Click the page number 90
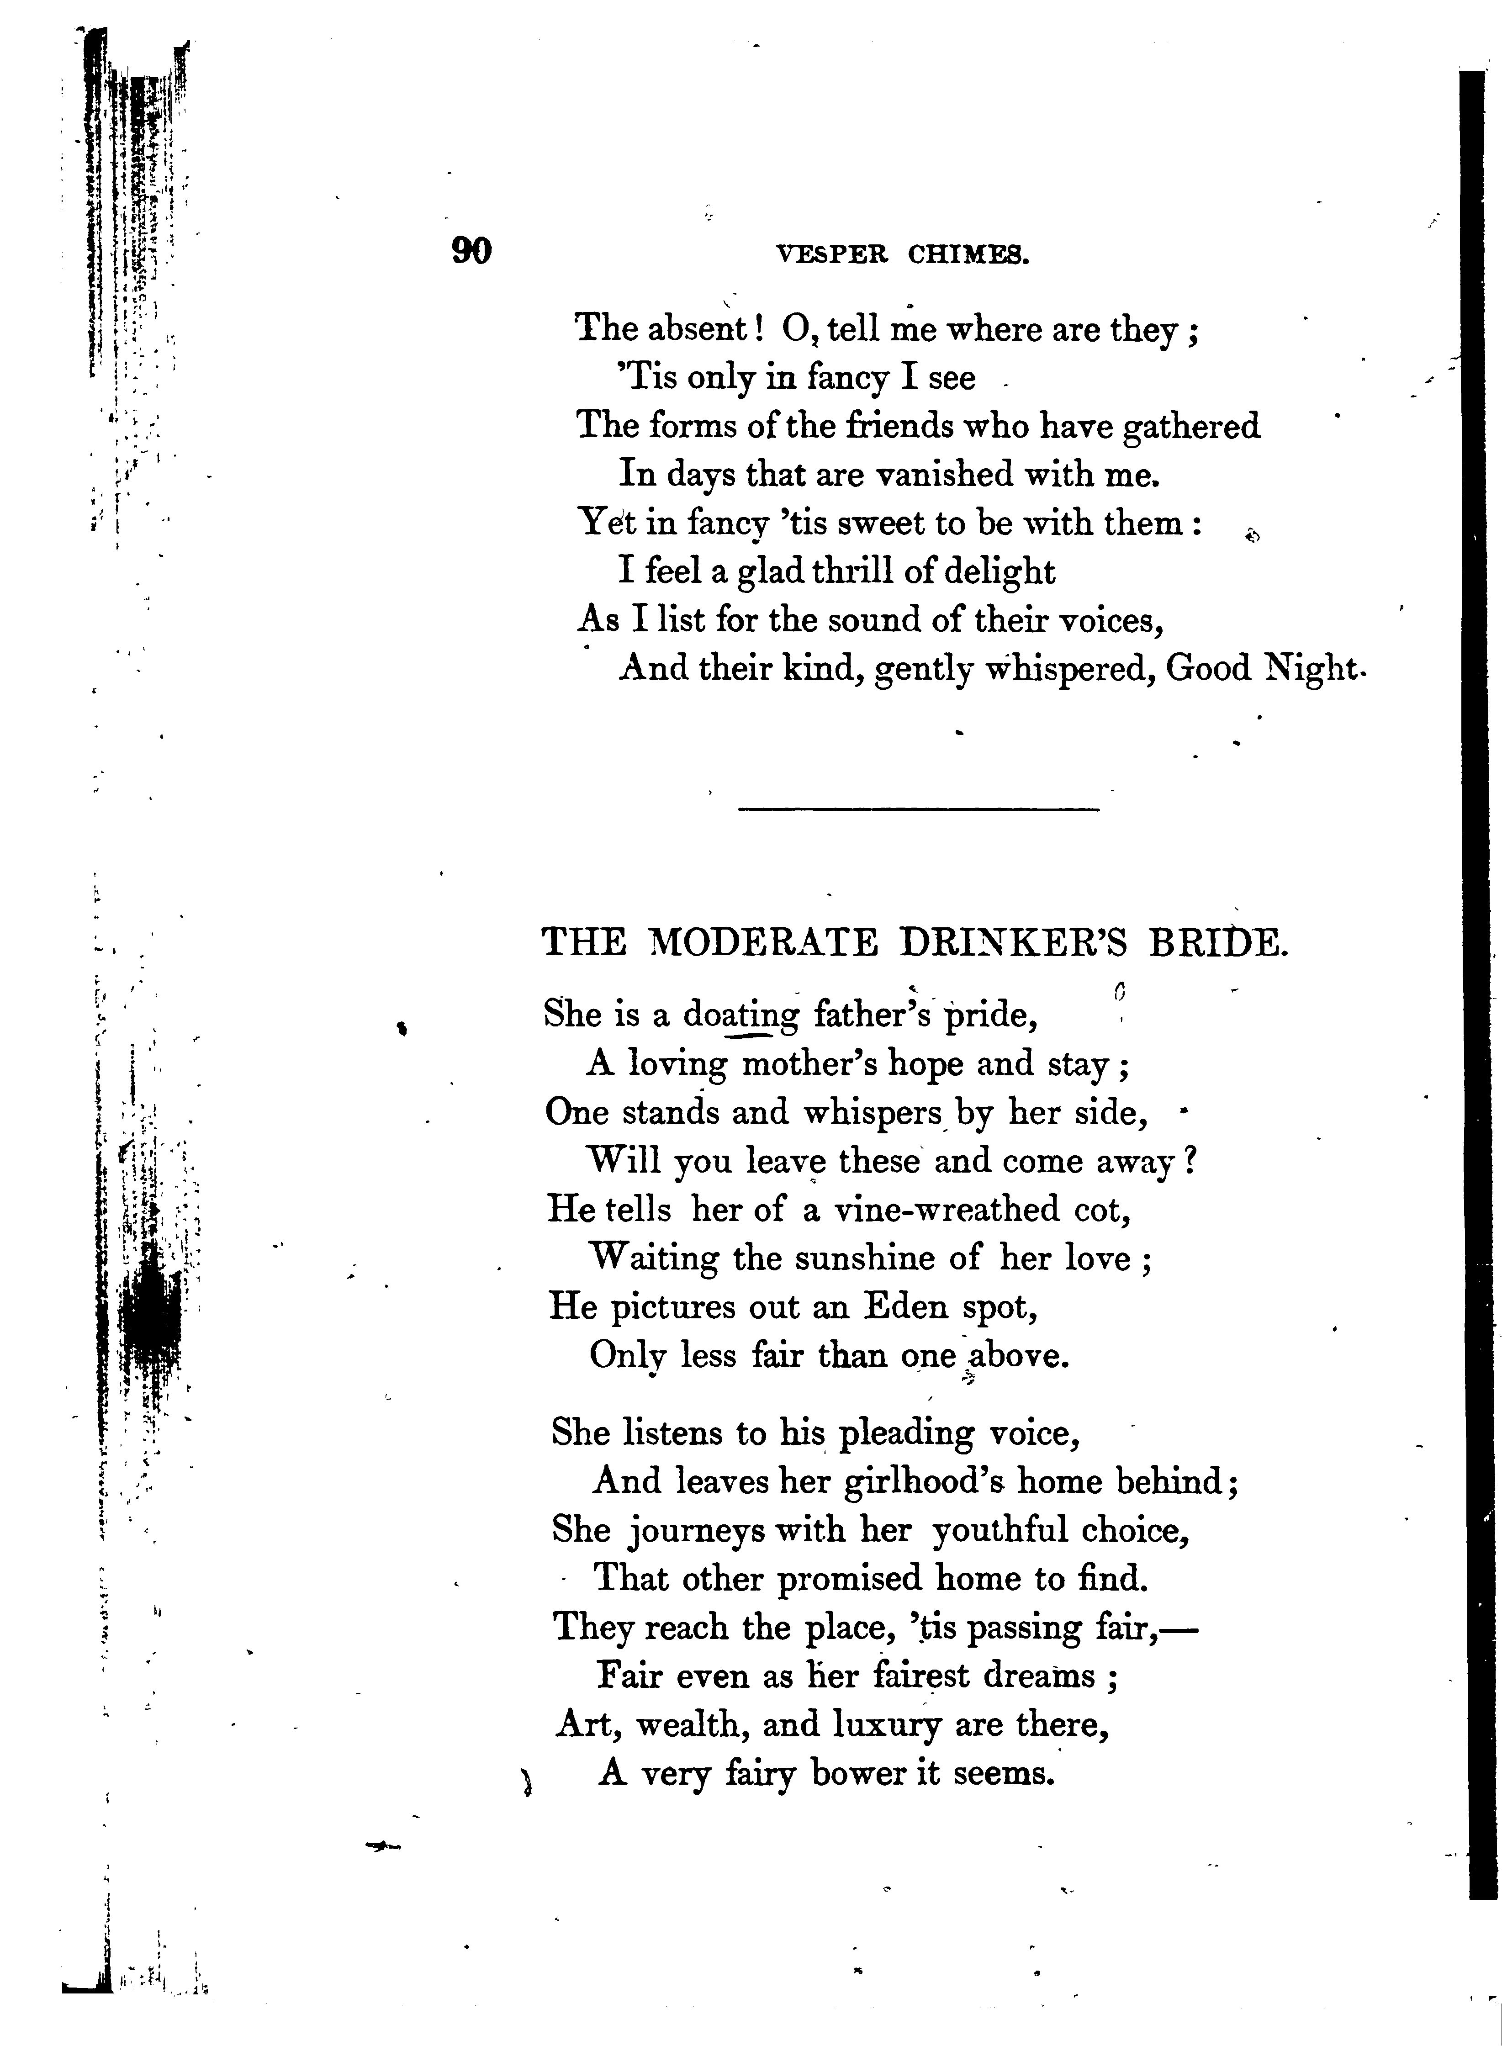471,251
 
